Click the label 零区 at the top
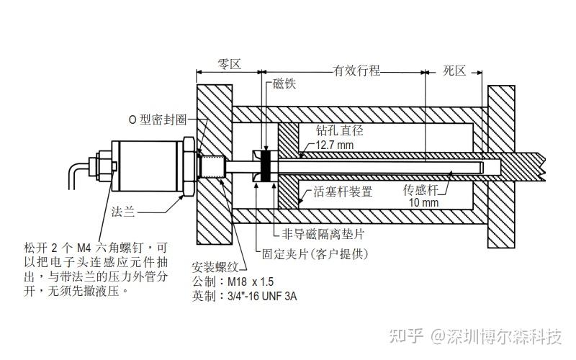pos(229,64)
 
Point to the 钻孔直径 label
pos(340,131)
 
